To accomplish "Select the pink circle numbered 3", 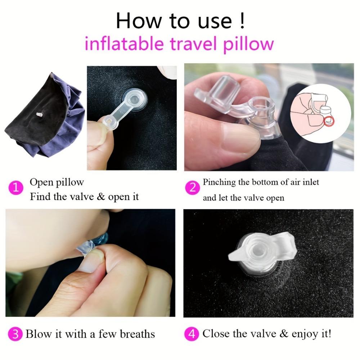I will pos(15,334).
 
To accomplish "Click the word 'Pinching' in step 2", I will pos(219,183).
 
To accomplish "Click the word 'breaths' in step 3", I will pos(137,334).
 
